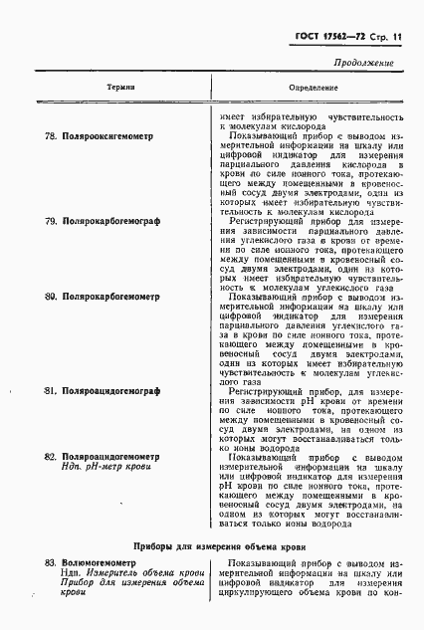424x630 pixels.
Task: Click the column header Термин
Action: point(121,89)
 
